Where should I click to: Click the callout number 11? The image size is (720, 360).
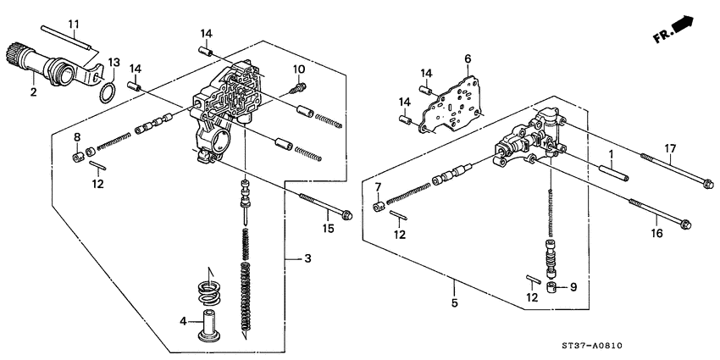[x=73, y=22]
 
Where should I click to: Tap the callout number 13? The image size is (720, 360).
[x=114, y=62]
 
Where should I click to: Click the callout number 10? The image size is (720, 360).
[x=298, y=69]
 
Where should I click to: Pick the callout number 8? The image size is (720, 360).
[x=76, y=136]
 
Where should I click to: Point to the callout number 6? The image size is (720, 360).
[x=466, y=58]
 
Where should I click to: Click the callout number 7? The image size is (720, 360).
[x=378, y=186]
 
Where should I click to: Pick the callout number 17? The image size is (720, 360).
[x=669, y=149]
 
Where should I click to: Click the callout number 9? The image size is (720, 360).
[x=572, y=287]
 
